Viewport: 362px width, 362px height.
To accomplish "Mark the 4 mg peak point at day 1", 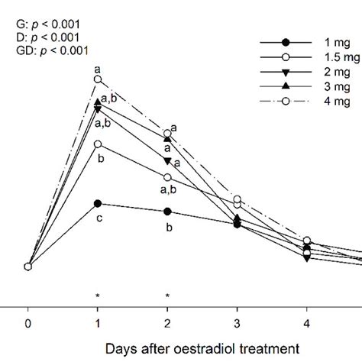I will (x=98, y=79).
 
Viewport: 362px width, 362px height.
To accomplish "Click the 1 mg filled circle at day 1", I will (x=98, y=203).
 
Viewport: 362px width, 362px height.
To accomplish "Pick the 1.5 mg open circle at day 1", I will (x=98, y=144).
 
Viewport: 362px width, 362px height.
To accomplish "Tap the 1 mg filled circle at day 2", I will (x=167, y=212).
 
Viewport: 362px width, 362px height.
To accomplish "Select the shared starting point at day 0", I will (x=28, y=267).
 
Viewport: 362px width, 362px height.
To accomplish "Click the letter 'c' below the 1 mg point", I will (x=98, y=219).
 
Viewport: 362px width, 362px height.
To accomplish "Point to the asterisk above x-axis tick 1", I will (x=98, y=296).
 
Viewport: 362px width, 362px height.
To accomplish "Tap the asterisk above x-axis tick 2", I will (x=167, y=296).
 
